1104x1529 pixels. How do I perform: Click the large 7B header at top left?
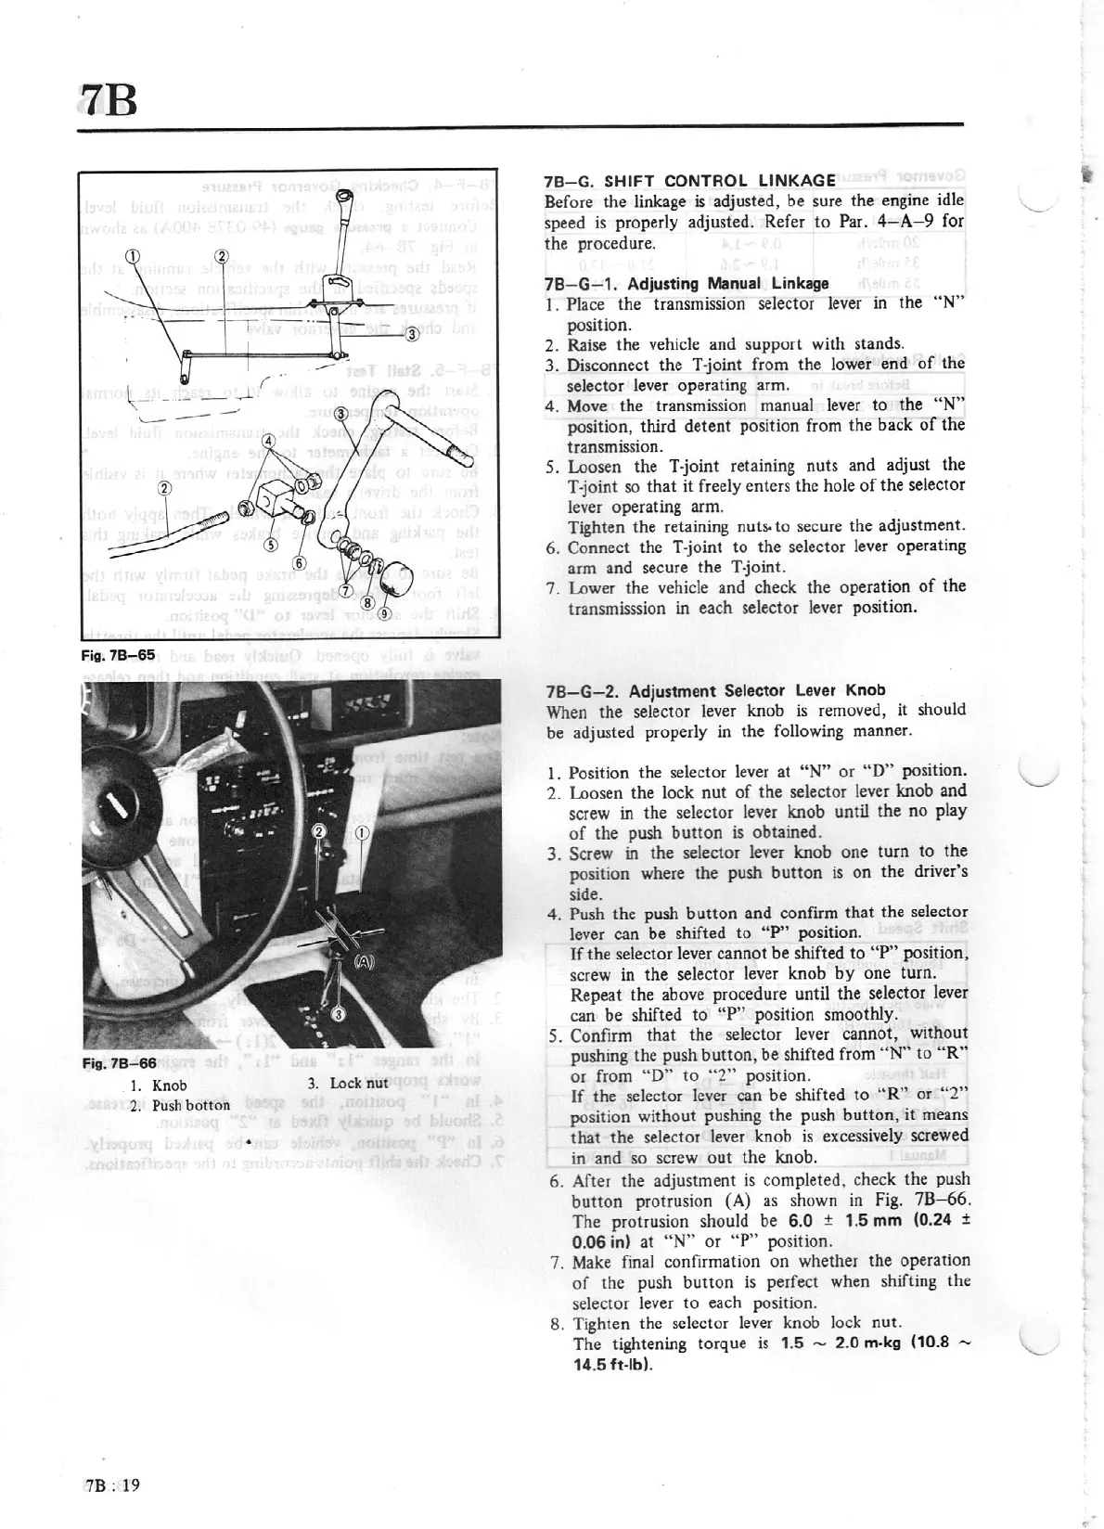pyautogui.click(x=108, y=97)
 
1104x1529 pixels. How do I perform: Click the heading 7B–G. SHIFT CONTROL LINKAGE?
pyautogui.click(x=690, y=181)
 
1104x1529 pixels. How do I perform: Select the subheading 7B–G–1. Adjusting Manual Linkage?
pyautogui.click(x=687, y=283)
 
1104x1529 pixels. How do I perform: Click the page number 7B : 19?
pyautogui.click(x=111, y=1484)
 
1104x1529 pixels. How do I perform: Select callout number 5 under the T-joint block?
pyautogui.click(x=272, y=546)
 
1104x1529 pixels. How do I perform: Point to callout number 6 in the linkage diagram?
pyautogui.click(x=300, y=563)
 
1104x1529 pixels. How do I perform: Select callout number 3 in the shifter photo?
pyautogui.click(x=338, y=1014)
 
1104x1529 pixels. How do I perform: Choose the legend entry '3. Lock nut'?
pyautogui.click(x=347, y=1083)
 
